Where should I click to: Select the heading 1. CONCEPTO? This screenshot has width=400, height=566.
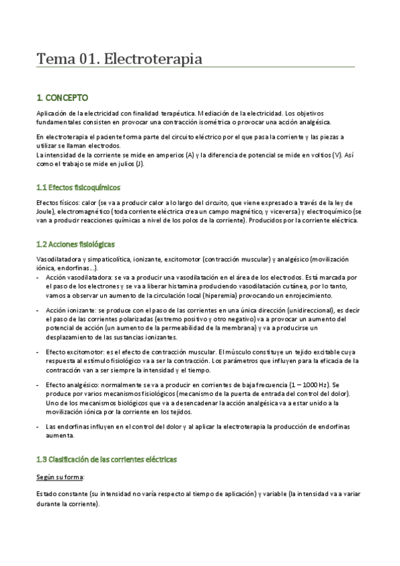click(63, 97)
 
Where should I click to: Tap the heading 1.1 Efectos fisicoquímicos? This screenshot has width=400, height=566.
click(78, 188)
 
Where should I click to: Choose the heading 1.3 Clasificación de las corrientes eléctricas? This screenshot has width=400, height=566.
click(107, 460)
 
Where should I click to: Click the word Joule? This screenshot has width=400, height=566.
click(47, 211)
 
